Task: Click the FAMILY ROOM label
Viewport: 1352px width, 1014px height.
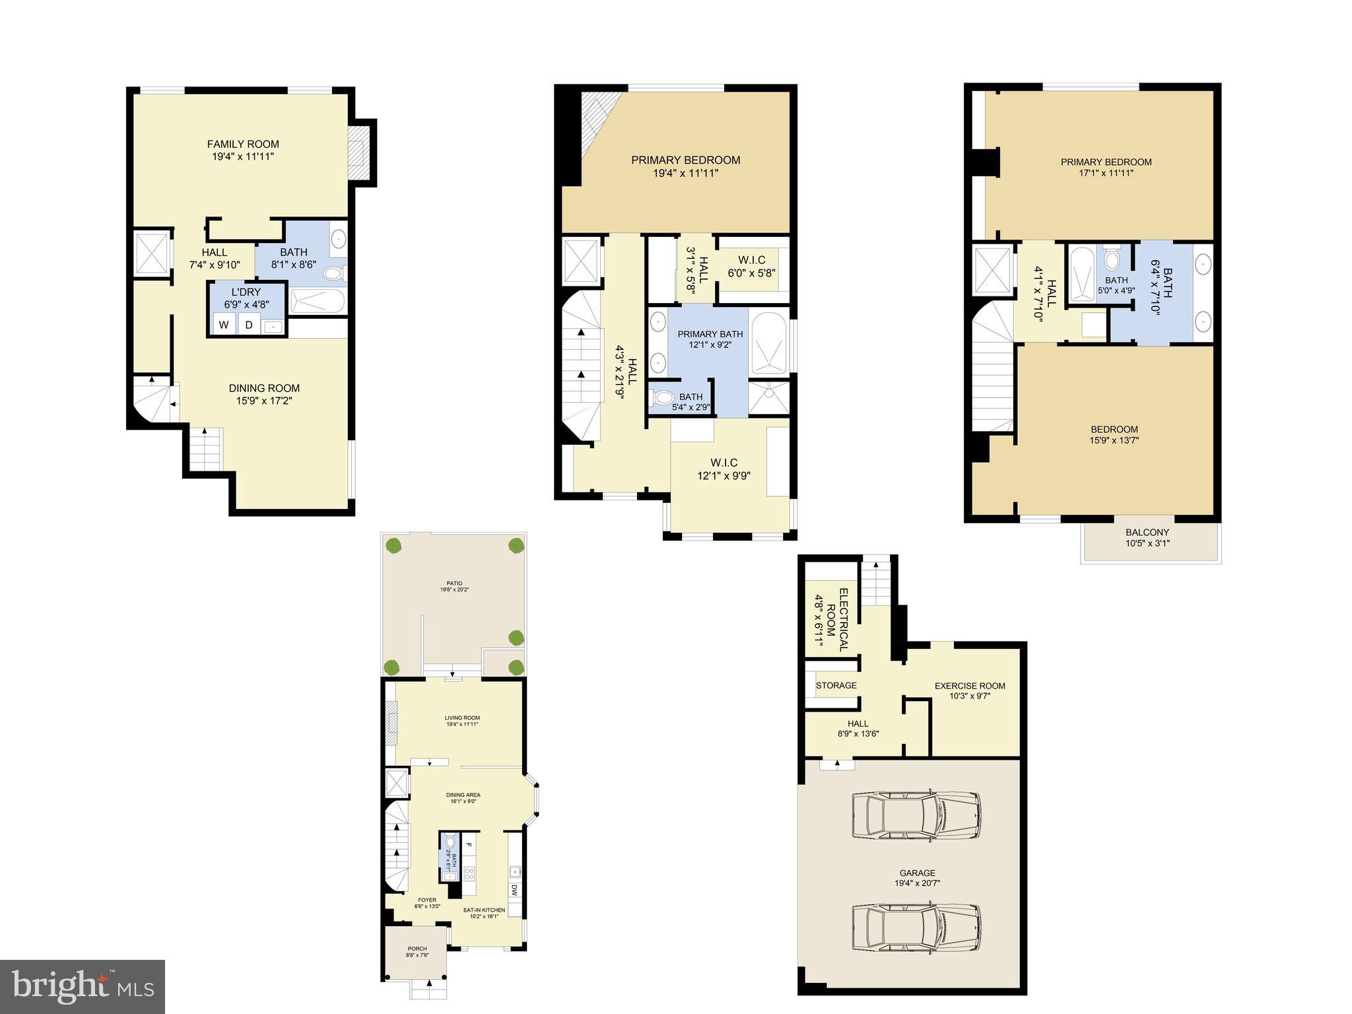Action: click(x=243, y=144)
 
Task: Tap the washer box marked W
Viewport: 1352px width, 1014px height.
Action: click(x=224, y=325)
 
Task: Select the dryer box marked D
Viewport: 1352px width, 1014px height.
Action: click(x=249, y=325)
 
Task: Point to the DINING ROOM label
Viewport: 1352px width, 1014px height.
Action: click(x=264, y=388)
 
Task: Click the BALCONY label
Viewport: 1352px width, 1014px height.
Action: click(x=1147, y=532)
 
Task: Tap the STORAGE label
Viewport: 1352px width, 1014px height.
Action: click(x=836, y=685)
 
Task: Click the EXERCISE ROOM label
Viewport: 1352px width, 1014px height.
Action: click(x=969, y=686)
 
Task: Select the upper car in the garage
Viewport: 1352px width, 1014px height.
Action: click(x=916, y=815)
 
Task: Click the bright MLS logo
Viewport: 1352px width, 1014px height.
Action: click(x=83, y=986)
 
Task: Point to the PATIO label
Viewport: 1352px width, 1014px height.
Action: click(x=454, y=584)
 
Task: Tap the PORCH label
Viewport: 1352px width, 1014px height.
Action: click(x=417, y=949)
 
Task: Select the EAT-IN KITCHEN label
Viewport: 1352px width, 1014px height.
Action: click(x=484, y=910)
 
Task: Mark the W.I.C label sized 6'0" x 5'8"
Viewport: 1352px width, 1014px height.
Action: click(x=751, y=260)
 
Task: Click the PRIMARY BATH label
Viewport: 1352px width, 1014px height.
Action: click(x=710, y=334)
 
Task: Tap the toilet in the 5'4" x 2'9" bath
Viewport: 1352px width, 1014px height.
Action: click(x=662, y=397)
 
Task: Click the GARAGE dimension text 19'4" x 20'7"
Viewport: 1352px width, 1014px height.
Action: click(x=917, y=883)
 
